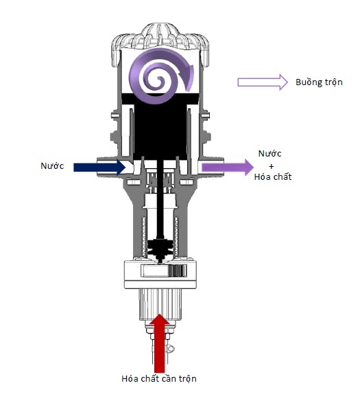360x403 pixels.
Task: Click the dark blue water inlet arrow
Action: (99, 168)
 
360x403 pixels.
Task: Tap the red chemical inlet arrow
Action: (160, 343)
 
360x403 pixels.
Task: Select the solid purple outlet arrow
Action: (228, 168)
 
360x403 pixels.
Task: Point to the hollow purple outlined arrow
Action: (263, 82)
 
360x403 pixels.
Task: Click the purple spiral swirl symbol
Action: (160, 76)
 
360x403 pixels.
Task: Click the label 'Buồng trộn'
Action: (319, 82)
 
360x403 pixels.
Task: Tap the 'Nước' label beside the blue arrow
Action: (52, 165)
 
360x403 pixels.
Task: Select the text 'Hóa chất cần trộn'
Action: (159, 378)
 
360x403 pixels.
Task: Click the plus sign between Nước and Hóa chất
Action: (272, 166)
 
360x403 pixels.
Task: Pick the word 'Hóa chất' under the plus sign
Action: (273, 177)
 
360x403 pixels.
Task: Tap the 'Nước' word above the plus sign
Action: (270, 153)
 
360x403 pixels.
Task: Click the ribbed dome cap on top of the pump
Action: (160, 37)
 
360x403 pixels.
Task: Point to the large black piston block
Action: (160, 126)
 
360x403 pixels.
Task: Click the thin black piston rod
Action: (160, 200)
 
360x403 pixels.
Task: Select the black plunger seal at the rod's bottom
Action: (160, 249)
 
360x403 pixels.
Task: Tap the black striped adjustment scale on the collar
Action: (177, 270)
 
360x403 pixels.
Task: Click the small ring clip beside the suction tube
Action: (171, 349)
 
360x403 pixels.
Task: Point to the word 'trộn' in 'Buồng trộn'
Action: (334, 82)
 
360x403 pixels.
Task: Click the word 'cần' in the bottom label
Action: (169, 378)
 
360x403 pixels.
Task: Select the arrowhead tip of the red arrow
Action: (160, 314)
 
